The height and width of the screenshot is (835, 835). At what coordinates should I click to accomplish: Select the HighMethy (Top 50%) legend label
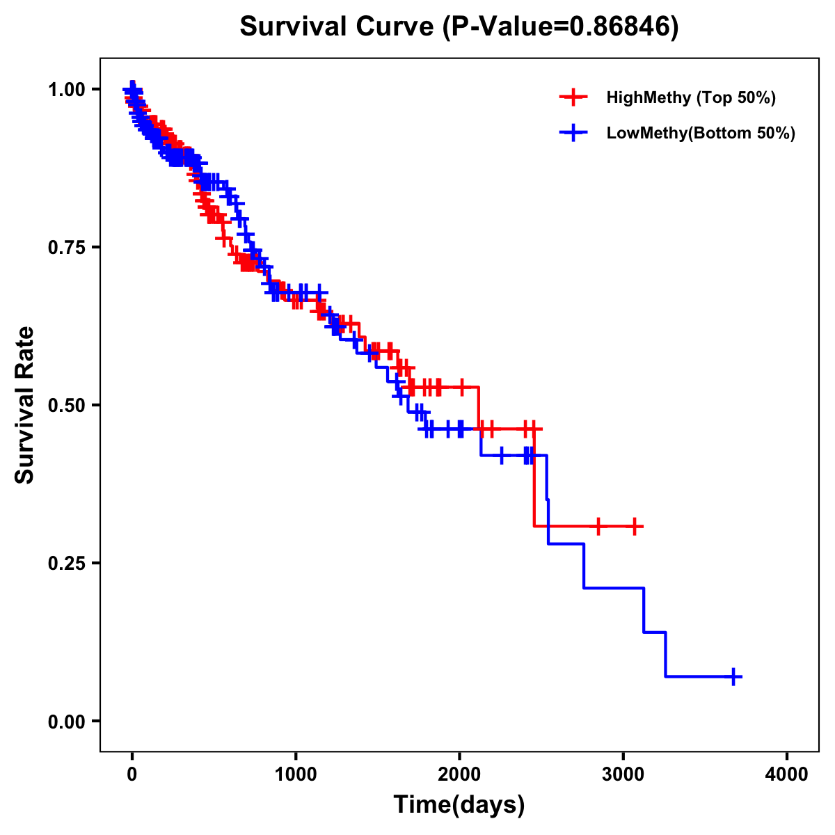(691, 97)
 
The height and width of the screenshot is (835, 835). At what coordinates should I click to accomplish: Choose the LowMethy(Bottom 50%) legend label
(701, 133)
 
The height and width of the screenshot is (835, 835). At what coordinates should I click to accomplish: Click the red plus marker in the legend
(573, 97)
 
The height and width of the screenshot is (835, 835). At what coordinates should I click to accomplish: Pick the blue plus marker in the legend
(573, 133)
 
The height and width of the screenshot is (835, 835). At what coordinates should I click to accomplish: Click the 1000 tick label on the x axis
(296, 774)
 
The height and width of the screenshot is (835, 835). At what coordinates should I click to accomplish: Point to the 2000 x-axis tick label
(459, 774)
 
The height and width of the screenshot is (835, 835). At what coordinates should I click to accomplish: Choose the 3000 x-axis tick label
(623, 774)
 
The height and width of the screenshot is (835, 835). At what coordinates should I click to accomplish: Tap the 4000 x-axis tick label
(787, 774)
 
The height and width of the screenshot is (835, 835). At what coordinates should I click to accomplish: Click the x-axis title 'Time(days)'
(459, 805)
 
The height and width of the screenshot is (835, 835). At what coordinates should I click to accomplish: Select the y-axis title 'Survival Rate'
(25, 405)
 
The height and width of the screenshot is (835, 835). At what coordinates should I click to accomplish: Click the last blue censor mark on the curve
(733, 676)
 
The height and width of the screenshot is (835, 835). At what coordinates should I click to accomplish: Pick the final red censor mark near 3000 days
(634, 526)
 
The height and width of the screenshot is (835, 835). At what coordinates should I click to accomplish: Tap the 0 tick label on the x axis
(132, 774)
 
